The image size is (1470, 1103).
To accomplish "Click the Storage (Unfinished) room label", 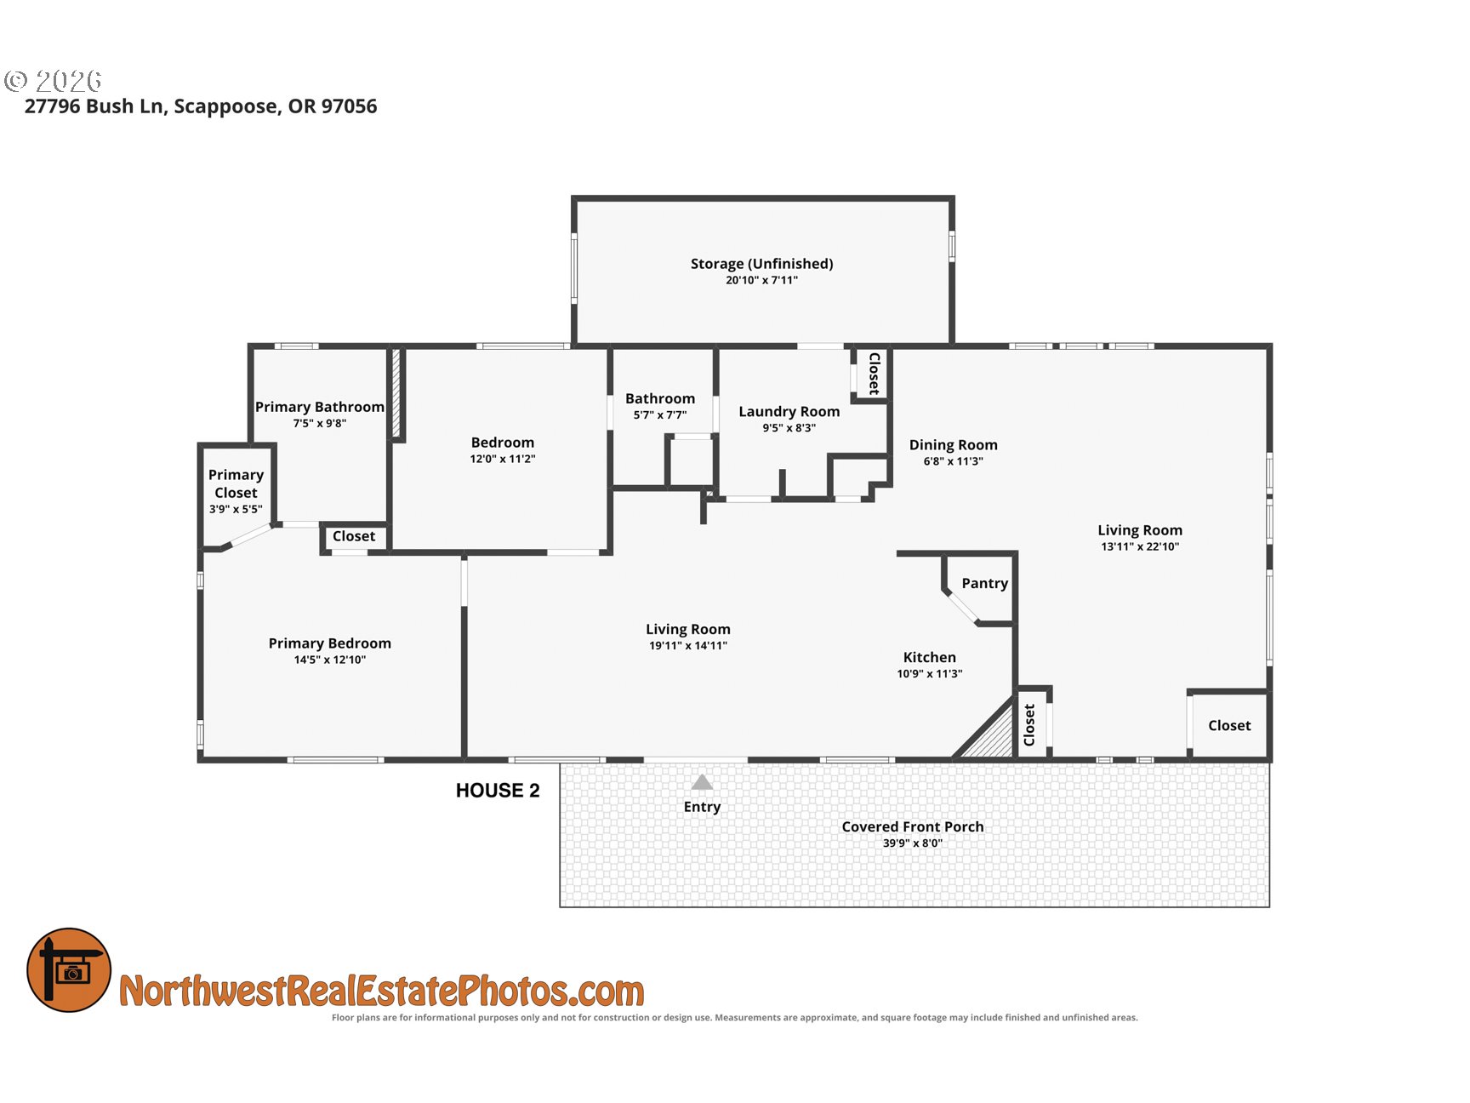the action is coord(761,264).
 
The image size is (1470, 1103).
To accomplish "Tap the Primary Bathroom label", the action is coord(320,407).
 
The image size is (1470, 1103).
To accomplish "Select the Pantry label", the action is coord(984,583).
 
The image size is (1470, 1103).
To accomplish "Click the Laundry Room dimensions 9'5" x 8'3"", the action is coord(789,428).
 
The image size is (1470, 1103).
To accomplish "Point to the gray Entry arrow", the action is coord(702,782).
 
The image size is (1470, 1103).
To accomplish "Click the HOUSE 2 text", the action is coord(498,791).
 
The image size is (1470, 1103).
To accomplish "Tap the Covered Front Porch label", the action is coord(913,826).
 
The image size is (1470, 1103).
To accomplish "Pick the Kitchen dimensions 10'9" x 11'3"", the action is coord(929,674).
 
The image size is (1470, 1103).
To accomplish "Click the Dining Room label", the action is coord(953,445).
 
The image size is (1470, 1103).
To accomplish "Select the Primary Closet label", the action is coord(236,483).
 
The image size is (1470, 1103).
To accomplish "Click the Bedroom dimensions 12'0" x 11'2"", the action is coord(503,459).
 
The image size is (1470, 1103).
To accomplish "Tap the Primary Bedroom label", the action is coord(330,643).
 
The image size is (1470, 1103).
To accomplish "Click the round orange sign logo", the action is coord(69,970).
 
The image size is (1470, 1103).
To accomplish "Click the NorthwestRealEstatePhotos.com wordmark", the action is coord(382,992).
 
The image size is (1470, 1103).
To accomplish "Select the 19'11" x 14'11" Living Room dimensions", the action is coord(688,646).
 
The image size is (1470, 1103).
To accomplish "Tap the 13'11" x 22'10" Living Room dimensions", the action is coord(1140,547).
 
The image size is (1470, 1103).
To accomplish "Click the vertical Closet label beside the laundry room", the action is coord(874,374).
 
